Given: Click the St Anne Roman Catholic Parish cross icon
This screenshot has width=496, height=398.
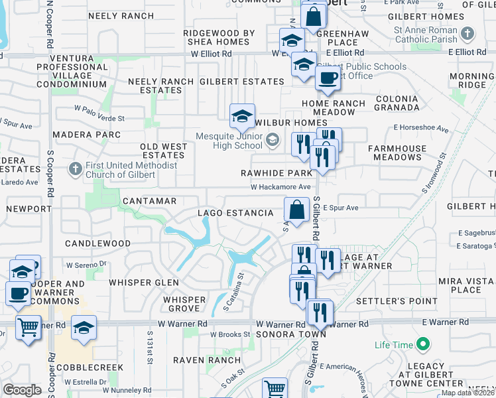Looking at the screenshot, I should click(x=468, y=33).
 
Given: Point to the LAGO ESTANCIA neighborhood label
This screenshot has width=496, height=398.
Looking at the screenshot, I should click(x=235, y=213).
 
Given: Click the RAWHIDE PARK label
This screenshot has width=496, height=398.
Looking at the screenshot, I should click(x=277, y=173).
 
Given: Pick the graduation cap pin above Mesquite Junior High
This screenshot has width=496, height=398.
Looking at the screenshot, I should click(x=242, y=116).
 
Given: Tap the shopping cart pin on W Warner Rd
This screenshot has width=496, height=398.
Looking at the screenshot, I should click(x=28, y=326).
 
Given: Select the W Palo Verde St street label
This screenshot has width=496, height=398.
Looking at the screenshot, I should click(x=99, y=119).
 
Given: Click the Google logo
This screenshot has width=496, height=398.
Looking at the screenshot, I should click(x=22, y=390).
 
